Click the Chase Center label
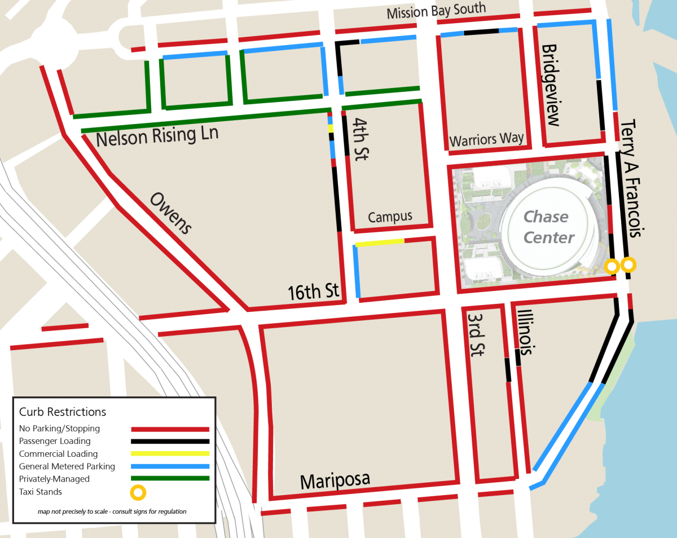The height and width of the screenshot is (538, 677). point(546,227)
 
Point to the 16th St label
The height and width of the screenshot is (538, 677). point(314,292)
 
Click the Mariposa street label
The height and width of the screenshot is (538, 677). point(335,480)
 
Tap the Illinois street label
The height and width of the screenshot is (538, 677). point(525,332)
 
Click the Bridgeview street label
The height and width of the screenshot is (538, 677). point(550,85)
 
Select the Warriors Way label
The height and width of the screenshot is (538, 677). point(486,139)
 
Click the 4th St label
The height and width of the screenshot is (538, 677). point(359,139)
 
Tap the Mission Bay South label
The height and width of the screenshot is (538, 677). point(436,11)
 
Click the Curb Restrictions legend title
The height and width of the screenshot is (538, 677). point(62,412)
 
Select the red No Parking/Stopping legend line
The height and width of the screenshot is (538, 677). point(170,429)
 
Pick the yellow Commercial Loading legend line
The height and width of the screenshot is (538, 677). point(170,453)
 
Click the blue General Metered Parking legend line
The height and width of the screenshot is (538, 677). point(170,466)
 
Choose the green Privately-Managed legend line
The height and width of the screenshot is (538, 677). point(170,479)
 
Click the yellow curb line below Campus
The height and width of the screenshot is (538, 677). point(379,243)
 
